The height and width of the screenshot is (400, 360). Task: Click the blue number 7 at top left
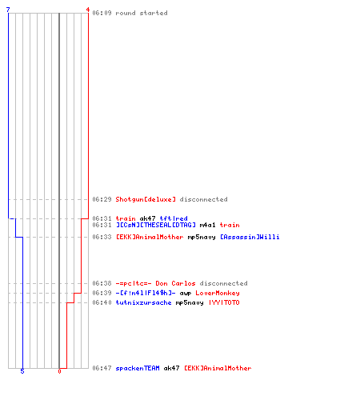coord(8,10)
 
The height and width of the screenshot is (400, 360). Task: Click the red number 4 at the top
coord(88,10)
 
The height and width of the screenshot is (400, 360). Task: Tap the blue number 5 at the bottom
coord(22,371)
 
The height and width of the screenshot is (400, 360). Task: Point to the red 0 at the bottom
coord(59,371)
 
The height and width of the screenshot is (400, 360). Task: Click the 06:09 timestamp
coord(102,13)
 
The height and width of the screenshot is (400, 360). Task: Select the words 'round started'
coord(142,13)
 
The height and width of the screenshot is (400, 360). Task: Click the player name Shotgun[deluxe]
coord(146,199)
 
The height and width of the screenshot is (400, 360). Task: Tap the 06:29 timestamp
coord(102,199)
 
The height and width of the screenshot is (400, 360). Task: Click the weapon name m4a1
coord(207,225)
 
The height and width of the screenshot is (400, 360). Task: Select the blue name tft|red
coord(174,218)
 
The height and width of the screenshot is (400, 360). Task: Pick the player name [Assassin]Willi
coord(250,237)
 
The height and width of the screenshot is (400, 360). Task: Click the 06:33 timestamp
coord(102,237)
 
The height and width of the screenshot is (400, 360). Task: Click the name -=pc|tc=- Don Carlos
coord(155,283)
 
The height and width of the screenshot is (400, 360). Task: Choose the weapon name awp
coord(186,293)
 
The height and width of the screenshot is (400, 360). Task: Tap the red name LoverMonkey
coord(218,293)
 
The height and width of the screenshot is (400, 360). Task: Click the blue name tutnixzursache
coord(143,302)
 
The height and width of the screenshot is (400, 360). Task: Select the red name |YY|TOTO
coord(224,302)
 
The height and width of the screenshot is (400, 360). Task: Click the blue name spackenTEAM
coord(138,368)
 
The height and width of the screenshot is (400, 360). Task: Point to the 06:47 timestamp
coord(102,368)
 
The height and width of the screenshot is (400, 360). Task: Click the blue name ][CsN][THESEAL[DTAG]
coord(156,225)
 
